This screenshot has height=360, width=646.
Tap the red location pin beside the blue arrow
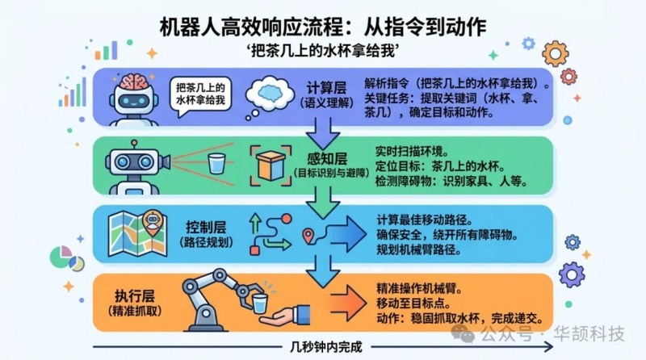[x=308, y=236]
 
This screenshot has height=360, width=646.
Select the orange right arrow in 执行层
[x=345, y=306]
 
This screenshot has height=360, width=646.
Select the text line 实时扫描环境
[x=412, y=151]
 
